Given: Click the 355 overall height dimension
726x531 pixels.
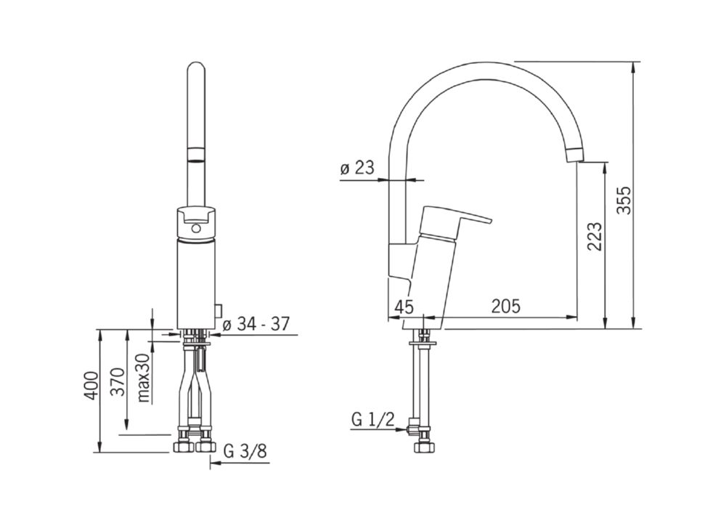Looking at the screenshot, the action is pyautogui.click(x=625, y=200).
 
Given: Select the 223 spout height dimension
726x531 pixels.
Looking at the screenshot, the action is pyautogui.click(x=595, y=236).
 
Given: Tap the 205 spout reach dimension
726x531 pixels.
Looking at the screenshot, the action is pyautogui.click(x=505, y=307).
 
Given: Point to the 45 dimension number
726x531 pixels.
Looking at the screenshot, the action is pyautogui.click(x=404, y=307).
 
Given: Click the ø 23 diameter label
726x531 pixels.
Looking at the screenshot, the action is pyautogui.click(x=357, y=168).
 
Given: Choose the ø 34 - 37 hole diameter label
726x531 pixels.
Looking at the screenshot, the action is pyautogui.click(x=256, y=324).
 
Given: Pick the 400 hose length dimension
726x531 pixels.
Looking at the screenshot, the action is pyautogui.click(x=92, y=386).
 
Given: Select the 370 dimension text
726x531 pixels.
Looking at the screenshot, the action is pyautogui.click(x=119, y=381).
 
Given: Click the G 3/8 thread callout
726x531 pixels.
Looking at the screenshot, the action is pyautogui.click(x=245, y=451).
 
